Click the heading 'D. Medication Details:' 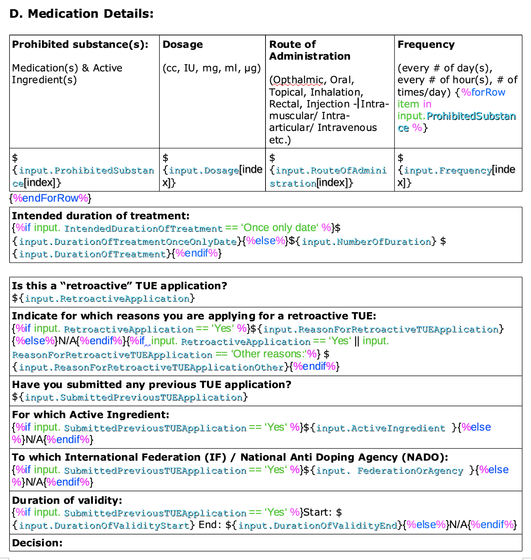click(81, 14)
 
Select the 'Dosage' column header click(182, 44)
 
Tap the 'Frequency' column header click(426, 44)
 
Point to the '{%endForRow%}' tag click(50, 198)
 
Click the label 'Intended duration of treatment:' click(101, 216)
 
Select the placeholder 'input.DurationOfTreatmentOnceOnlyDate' click(128, 241)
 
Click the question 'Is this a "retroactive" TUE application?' click(119, 286)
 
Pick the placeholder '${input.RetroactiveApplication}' click(103, 299)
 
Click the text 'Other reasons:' click(268, 354)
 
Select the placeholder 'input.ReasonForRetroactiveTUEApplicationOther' click(151, 367)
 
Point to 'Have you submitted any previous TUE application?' click(152, 385)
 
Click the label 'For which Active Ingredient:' click(90, 415)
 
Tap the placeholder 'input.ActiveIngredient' click(380, 428)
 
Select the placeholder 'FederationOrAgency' click(410, 470)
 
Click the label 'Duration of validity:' click(67, 500)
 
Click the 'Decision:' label click(37, 543)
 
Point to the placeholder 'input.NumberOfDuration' click(366, 241)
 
